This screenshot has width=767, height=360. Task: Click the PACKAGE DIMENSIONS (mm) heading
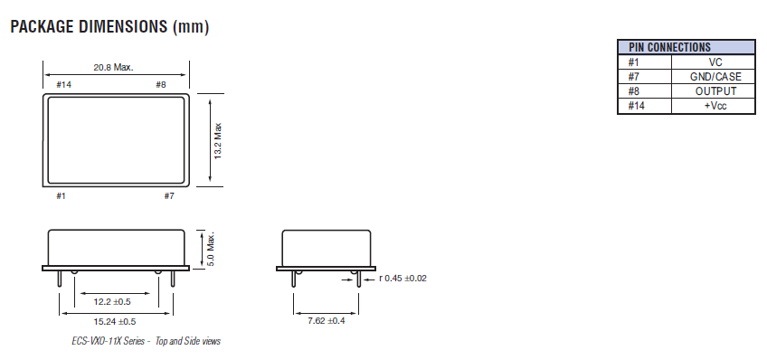coord(109,27)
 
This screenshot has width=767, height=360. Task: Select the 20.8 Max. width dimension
coord(115,67)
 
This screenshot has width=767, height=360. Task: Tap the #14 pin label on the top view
coord(63,84)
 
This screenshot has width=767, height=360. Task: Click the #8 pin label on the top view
coord(160,84)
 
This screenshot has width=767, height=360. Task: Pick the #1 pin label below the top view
coord(62,194)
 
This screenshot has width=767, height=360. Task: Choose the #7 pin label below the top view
coord(169,194)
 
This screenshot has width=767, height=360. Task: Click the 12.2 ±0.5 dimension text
coord(113,300)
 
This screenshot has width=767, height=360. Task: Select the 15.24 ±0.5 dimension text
coord(115,321)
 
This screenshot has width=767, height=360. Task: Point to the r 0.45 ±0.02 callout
coord(402,278)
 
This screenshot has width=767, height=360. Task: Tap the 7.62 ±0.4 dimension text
coord(326,321)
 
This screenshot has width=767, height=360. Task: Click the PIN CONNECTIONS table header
coord(669,47)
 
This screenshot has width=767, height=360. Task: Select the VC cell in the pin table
coord(715,62)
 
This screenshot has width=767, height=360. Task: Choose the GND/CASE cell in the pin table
coord(715,77)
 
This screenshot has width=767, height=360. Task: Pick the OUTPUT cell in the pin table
coord(715,91)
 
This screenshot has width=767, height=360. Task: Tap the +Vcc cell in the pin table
coord(715,106)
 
